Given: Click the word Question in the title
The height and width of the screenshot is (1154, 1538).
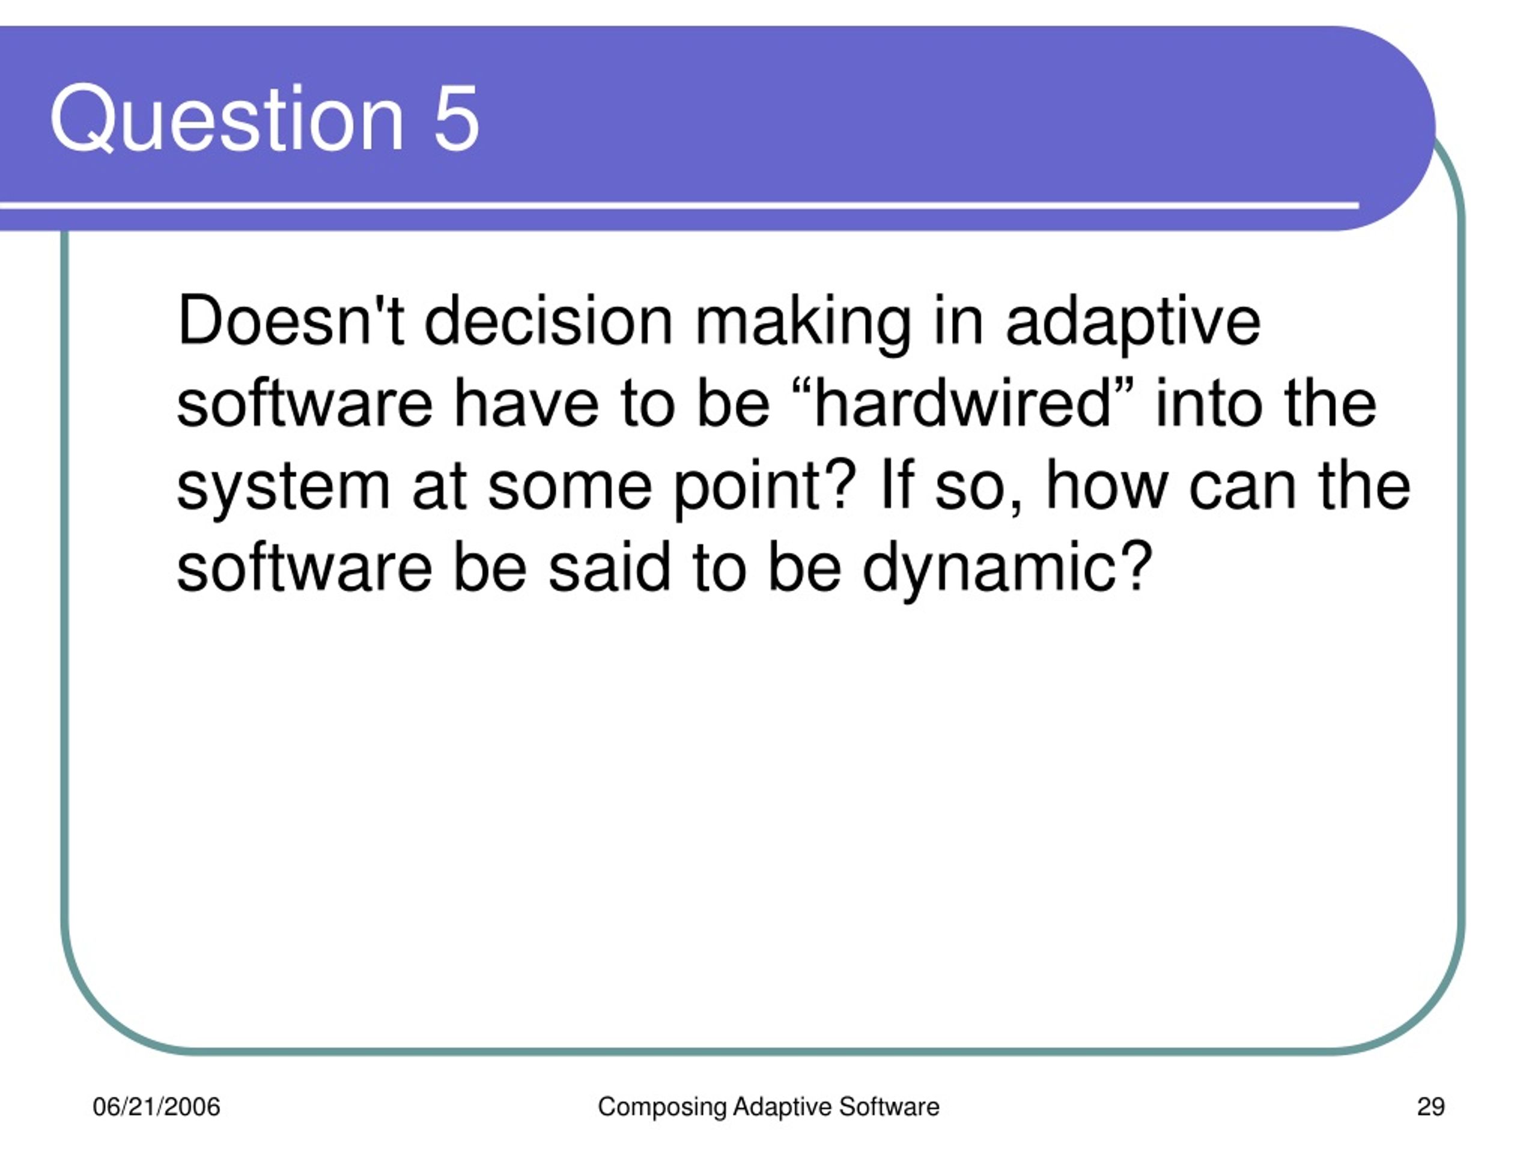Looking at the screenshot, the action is pos(227,118).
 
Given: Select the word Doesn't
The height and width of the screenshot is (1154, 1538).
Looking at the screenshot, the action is pos(291,319).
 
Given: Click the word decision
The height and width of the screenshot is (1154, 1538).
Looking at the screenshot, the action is pos(549,319).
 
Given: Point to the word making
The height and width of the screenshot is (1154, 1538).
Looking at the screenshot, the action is pos(803,324).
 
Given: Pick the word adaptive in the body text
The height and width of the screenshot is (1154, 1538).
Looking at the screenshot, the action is pos(1133,324).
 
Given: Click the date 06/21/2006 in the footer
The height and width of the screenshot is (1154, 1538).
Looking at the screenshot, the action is pos(156,1107).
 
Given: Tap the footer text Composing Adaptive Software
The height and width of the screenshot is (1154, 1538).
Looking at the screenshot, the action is pos(768,1107).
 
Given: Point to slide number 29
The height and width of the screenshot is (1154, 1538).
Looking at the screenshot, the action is pos(1431,1107).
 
